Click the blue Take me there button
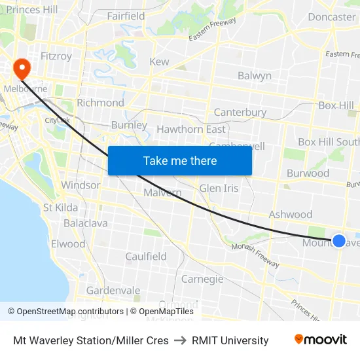click(x=180, y=160)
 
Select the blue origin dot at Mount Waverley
click(x=339, y=241)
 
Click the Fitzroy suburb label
click(x=56, y=56)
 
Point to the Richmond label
click(x=100, y=103)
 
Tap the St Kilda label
click(x=60, y=207)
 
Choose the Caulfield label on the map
click(x=146, y=257)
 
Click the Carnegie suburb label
click(x=202, y=279)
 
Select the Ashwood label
click(x=291, y=214)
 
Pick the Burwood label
click(x=308, y=173)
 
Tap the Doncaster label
click(x=331, y=17)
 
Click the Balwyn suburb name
click(x=255, y=76)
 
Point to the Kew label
click(x=159, y=62)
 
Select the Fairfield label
click(x=126, y=16)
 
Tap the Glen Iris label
click(x=219, y=188)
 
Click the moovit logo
click(x=320, y=340)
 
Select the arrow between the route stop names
click(x=180, y=340)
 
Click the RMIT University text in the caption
click(x=230, y=340)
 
